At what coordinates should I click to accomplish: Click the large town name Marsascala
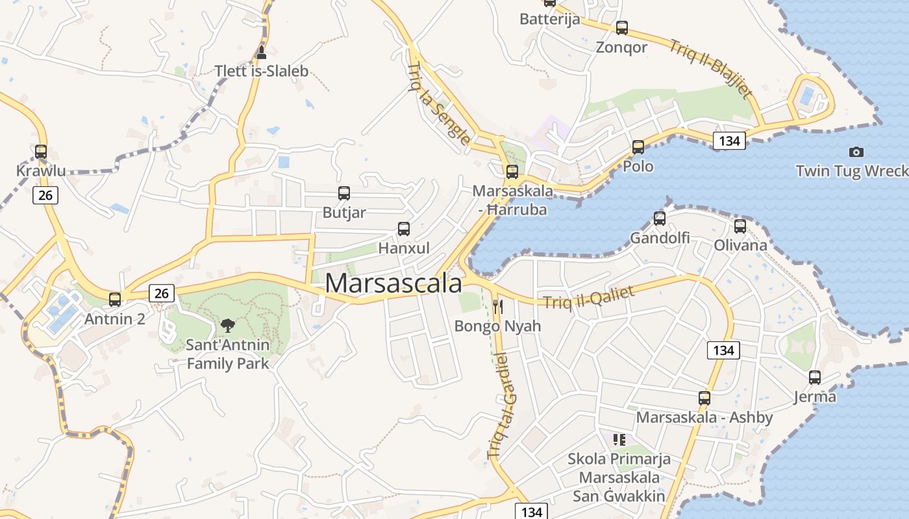click(x=393, y=284)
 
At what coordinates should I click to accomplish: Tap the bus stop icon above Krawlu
click(x=41, y=152)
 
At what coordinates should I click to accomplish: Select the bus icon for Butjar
click(x=344, y=193)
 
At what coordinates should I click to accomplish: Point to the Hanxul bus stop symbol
click(x=404, y=228)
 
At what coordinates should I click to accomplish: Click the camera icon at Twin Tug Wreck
click(x=856, y=152)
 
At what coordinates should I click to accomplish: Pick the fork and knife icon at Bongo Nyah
click(x=498, y=306)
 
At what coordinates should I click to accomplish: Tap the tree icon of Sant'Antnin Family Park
click(x=227, y=324)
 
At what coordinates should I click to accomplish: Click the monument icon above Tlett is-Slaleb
click(x=262, y=52)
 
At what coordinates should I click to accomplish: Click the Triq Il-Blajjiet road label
click(x=712, y=68)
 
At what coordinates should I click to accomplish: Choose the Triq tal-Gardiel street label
click(x=498, y=405)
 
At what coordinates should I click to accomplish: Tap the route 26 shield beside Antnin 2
click(x=162, y=293)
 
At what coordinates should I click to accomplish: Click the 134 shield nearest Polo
click(x=729, y=141)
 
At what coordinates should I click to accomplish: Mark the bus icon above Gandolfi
click(x=660, y=218)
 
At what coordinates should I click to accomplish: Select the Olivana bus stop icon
click(x=740, y=226)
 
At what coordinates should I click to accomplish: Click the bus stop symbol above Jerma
click(x=815, y=377)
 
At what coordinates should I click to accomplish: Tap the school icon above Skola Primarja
click(x=619, y=440)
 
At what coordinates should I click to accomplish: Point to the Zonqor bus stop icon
click(x=622, y=28)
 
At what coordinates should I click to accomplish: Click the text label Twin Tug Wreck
click(x=852, y=171)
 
